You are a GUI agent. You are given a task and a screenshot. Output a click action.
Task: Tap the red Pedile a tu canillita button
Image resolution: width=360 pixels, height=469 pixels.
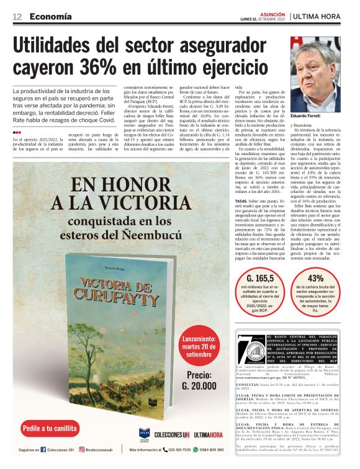click(50, 428)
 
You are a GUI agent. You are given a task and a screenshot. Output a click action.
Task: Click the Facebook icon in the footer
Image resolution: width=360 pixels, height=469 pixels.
click(43, 450)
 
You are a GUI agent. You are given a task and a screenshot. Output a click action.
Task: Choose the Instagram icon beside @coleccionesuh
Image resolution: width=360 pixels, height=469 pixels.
click(81, 450)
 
